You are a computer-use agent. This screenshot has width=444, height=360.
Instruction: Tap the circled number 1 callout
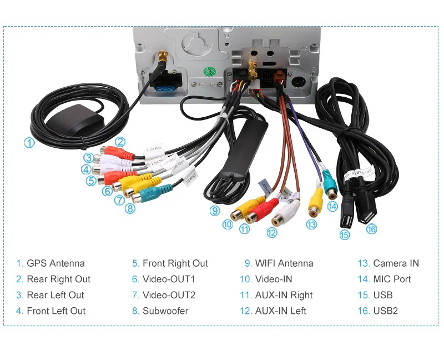tap(29, 142)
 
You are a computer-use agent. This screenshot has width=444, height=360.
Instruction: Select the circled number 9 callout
tap(215, 211)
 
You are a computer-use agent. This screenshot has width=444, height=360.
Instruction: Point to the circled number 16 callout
tap(371, 228)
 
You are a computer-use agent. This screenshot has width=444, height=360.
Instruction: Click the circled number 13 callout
tap(311, 224)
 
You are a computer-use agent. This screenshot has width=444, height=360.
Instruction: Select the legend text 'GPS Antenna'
tap(56, 263)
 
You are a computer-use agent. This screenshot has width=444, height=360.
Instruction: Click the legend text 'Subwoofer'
tap(165, 311)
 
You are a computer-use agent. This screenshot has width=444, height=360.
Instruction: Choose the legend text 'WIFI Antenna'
tap(284, 263)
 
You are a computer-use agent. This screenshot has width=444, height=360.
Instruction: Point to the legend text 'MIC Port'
tap(392, 279)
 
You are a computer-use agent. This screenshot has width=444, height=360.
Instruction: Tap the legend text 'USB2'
tap(385, 311)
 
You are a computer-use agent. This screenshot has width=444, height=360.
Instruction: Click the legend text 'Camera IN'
tap(396, 263)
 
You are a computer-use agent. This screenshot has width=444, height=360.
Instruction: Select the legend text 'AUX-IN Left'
tap(281, 311)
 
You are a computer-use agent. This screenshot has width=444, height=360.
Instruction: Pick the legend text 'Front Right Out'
tap(175, 263)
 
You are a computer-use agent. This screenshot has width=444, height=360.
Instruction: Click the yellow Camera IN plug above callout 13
tap(316, 199)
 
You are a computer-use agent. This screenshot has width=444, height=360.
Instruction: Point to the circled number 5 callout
tap(92, 181)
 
